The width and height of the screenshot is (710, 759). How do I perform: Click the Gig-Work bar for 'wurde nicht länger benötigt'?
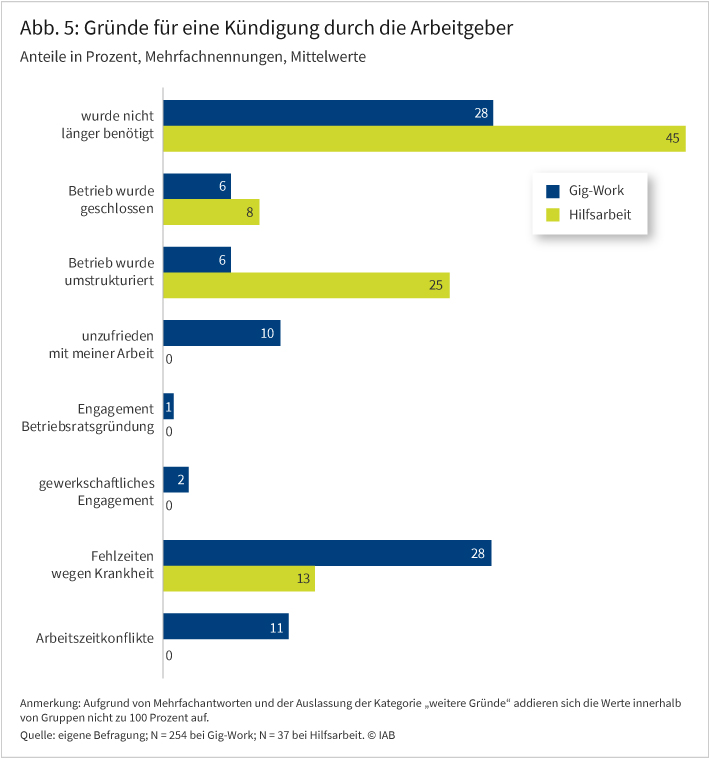327,113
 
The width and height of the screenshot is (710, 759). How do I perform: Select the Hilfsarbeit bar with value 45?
423,139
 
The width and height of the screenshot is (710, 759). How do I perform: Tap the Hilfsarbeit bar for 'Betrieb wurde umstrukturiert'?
306,285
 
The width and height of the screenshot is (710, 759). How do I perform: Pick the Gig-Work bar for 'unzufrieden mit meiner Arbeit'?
221,333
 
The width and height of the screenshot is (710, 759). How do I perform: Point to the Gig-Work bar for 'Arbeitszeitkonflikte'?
225,627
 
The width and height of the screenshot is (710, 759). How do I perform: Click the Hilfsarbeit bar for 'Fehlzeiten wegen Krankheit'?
238,579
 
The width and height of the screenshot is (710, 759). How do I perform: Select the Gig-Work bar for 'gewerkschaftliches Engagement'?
175,480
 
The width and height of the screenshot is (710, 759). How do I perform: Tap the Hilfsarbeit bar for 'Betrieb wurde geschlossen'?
210,212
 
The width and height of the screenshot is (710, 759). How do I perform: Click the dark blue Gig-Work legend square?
551,190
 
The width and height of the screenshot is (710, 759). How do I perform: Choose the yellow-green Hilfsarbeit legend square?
551,214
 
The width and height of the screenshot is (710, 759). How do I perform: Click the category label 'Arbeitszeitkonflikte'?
95,636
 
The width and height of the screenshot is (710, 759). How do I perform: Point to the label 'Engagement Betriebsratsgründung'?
88,417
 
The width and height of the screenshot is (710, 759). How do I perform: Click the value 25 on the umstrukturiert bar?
435,285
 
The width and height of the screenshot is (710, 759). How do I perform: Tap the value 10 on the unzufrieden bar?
267,333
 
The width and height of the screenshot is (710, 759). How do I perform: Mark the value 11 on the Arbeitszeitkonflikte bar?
275,627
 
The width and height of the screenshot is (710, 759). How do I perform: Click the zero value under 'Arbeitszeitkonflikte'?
169,656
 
